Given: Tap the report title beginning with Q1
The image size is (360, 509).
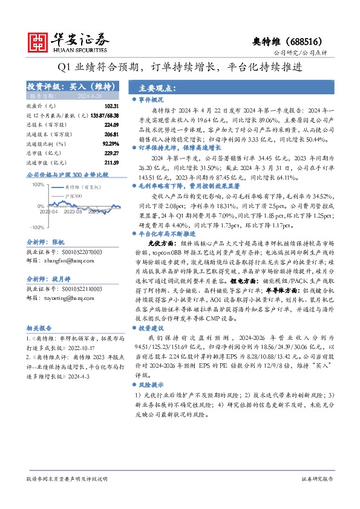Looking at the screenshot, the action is [x=180, y=67].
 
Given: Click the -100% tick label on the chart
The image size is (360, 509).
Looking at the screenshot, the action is [x=36, y=227].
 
